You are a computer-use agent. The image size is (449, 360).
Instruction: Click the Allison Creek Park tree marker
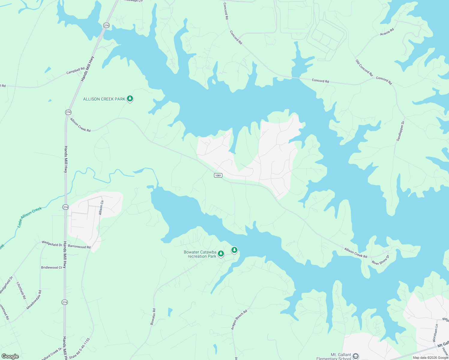point(130,98)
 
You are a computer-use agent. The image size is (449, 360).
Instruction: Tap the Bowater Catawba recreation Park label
point(200,254)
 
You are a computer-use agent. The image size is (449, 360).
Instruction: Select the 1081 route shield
point(218,175)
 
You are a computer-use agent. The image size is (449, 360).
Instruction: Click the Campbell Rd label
point(75,71)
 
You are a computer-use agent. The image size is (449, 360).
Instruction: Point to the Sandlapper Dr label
point(400,131)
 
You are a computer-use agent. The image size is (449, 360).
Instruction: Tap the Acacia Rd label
point(387,32)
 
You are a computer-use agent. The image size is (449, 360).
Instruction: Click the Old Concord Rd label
point(364,68)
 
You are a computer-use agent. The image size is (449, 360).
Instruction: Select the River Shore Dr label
point(380,260)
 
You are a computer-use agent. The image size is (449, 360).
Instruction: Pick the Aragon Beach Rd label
point(239,320)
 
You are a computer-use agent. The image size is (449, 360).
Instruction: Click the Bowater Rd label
point(153,316)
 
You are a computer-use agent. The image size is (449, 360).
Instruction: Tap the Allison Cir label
point(101,208)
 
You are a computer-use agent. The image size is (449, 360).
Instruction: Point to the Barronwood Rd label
point(79,247)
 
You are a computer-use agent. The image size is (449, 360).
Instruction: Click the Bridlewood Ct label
point(52,267)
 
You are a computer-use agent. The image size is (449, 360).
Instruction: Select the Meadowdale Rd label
point(34,300)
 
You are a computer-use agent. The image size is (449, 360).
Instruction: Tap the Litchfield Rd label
point(21,290)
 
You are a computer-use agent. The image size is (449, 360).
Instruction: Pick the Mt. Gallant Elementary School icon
point(356,356)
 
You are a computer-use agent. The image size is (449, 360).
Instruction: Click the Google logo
point(10,356)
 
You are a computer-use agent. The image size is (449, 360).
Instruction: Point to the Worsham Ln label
point(435,331)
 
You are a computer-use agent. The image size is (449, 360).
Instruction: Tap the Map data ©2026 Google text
point(430,358)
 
